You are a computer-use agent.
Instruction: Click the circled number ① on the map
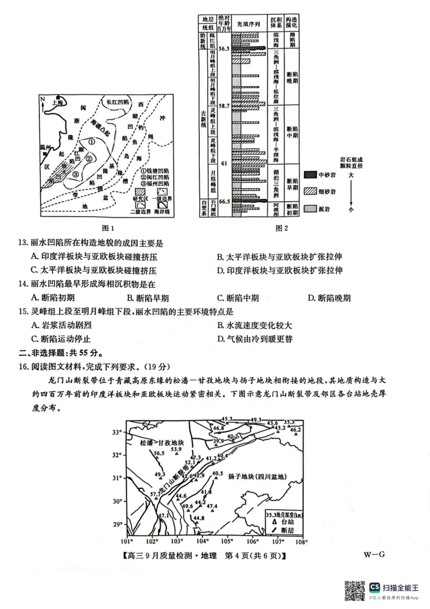coord(92,142)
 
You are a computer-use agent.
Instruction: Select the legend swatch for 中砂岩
coord(311,175)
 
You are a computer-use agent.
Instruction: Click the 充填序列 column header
coord(249,24)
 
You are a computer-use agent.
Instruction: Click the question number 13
coord(24,243)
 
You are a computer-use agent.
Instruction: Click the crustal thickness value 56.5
coord(159,454)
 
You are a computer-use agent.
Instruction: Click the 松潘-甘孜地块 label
coord(161,442)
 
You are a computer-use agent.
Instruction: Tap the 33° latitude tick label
coord(117,432)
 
